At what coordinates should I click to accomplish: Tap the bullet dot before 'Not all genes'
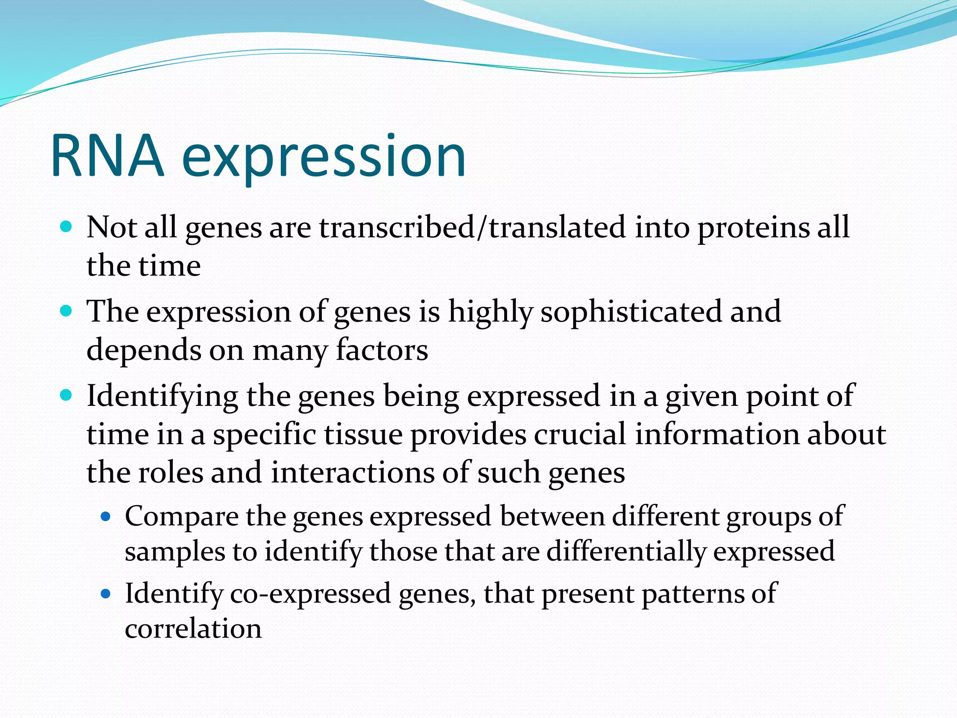pos(66,227)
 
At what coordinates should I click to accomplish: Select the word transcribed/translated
pos(472,228)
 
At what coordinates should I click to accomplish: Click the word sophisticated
pos(631,311)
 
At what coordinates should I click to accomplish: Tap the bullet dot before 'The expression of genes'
pos(66,311)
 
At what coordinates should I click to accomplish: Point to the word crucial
pos(579,434)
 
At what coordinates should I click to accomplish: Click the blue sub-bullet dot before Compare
pos(106,517)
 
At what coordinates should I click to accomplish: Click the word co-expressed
pos(310,594)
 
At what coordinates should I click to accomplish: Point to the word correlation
pos(193,629)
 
